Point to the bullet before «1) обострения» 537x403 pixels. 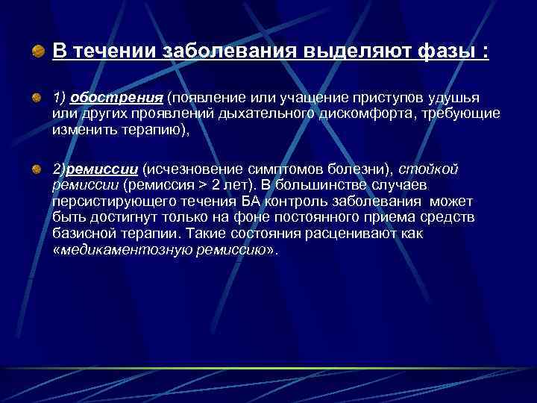(x=37, y=97)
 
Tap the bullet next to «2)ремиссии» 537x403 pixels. (x=37, y=169)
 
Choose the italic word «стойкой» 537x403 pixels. (x=435, y=169)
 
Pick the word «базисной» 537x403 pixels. (x=82, y=234)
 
